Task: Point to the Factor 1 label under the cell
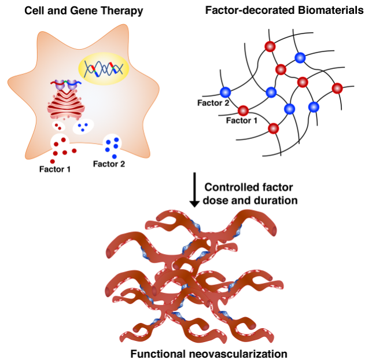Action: click(x=55, y=170)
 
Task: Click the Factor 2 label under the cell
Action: click(x=109, y=164)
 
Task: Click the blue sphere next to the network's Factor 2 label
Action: click(x=225, y=91)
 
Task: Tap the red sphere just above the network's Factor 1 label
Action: click(x=243, y=110)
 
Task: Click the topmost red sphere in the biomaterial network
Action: click(x=268, y=46)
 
